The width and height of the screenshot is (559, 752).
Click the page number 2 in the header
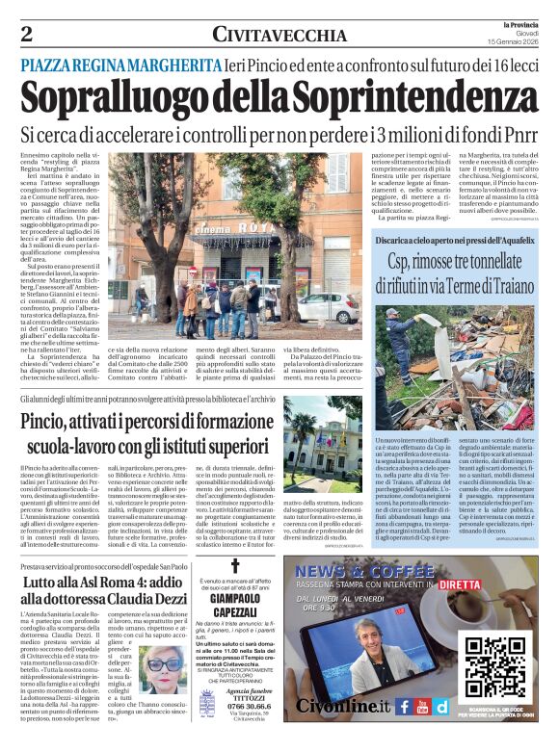click(26, 35)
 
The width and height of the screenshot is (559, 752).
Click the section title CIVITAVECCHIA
click(279, 36)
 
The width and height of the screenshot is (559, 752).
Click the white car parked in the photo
click(337, 306)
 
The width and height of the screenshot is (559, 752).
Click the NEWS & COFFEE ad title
click(363, 570)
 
